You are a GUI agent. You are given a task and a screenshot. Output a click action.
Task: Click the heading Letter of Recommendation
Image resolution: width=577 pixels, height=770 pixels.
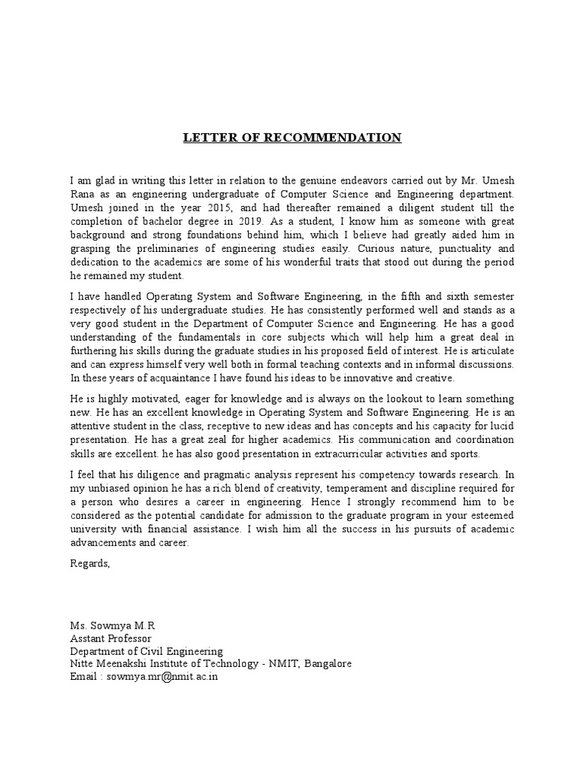pyautogui.click(x=293, y=138)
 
